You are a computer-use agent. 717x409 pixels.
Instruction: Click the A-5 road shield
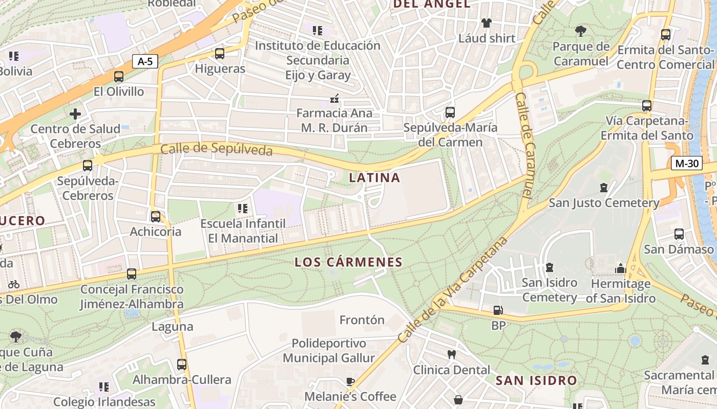tap(145, 62)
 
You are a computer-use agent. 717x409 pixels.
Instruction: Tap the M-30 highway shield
tap(686, 164)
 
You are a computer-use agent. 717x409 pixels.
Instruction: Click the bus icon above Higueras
tap(220, 53)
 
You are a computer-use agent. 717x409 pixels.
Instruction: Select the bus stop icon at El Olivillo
tap(119, 77)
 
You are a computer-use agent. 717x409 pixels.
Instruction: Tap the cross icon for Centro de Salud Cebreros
tap(75, 113)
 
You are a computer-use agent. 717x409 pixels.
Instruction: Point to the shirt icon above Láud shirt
tap(486, 23)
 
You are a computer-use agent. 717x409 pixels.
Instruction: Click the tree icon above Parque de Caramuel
tap(580, 31)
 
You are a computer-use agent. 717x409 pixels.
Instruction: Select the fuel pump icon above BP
tap(498, 310)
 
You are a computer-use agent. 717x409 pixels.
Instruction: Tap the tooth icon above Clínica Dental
tap(452, 354)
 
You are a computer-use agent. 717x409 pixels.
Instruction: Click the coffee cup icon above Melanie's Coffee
tap(350, 381)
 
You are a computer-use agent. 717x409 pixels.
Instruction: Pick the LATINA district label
tap(374, 178)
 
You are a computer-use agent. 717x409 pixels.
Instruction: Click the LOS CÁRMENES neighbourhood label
tap(349, 262)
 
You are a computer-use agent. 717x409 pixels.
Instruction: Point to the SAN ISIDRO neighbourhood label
tap(536, 380)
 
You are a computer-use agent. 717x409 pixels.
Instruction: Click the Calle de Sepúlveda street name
tap(216, 149)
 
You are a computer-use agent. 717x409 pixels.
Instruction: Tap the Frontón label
tap(362, 320)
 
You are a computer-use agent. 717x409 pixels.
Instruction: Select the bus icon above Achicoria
tap(156, 216)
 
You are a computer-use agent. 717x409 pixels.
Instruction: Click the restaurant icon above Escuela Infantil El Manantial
tap(243, 209)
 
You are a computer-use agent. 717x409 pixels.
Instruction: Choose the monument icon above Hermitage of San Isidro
tap(621, 268)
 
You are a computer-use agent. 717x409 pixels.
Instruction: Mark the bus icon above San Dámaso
tap(679, 234)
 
